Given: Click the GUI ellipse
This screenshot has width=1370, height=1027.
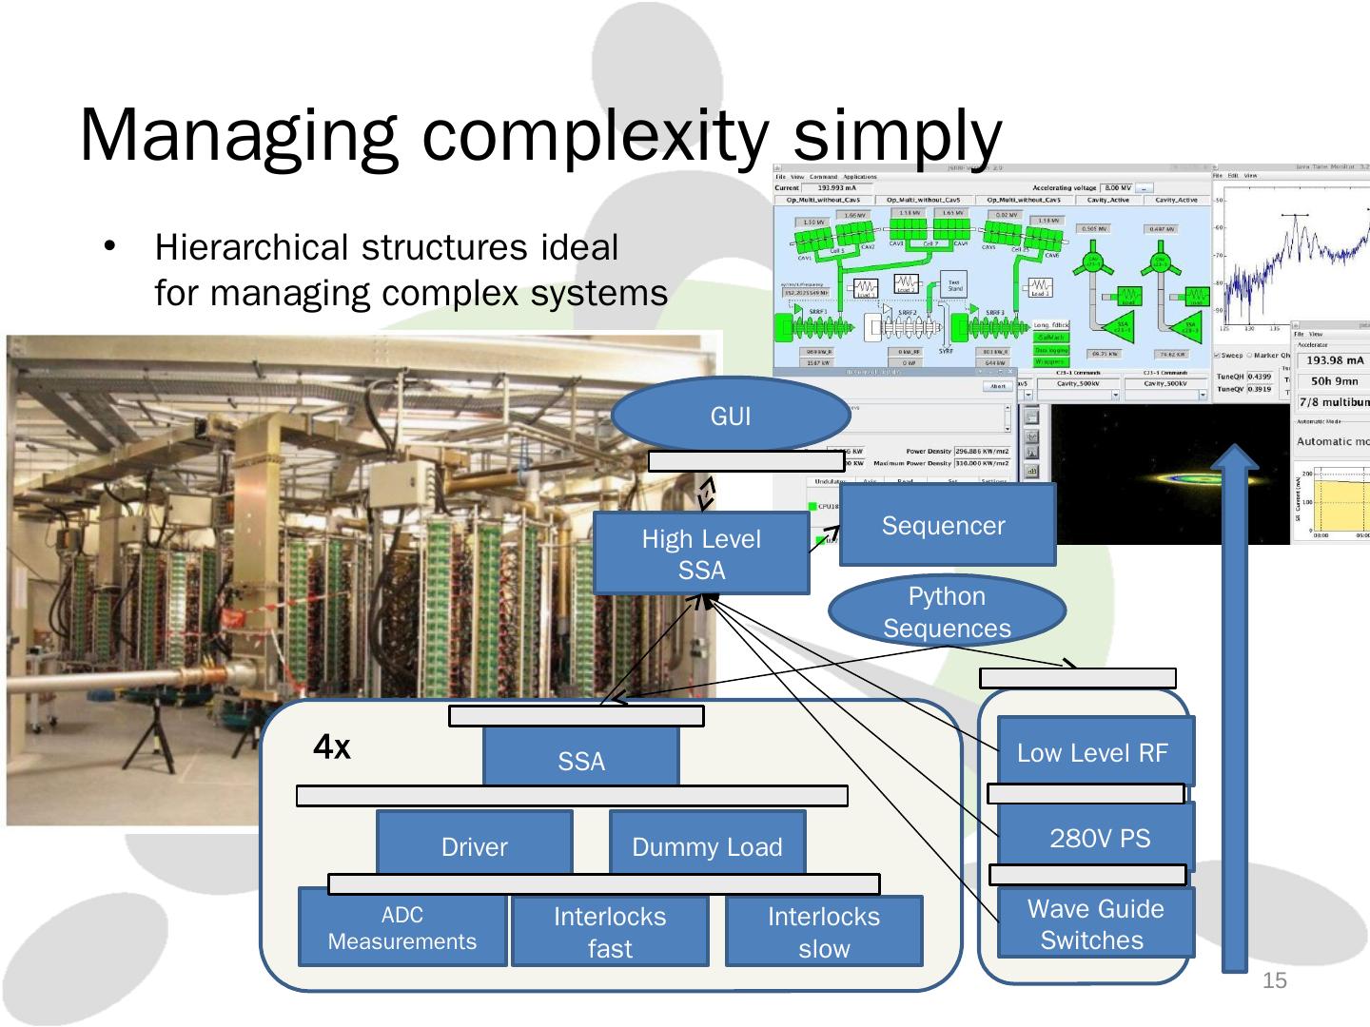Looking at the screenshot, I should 730,416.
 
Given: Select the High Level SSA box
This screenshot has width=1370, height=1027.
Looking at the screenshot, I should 701,554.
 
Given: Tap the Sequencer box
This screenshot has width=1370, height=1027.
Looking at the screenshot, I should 946,526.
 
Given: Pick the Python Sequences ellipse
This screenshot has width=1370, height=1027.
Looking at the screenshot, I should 946,611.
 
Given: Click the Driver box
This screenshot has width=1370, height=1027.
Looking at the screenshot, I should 474,845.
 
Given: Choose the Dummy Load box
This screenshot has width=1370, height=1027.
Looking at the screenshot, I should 707,845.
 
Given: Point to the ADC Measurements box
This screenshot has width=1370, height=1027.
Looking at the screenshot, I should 402,928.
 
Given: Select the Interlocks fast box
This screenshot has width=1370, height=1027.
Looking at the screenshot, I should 610,932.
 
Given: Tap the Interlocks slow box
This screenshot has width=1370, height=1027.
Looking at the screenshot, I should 824,932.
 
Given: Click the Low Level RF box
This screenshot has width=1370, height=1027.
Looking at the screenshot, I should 1092,752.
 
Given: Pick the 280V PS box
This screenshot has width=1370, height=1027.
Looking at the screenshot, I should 1099,838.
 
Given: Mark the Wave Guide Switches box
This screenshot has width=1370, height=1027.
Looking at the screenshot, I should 1094,923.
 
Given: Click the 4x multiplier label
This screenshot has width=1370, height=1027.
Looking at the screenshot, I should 332,748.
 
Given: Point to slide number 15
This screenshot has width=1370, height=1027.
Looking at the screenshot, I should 1274,980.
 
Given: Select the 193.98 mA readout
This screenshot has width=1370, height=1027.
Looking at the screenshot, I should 1335,360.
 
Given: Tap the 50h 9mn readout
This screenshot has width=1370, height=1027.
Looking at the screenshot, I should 1334,381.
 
